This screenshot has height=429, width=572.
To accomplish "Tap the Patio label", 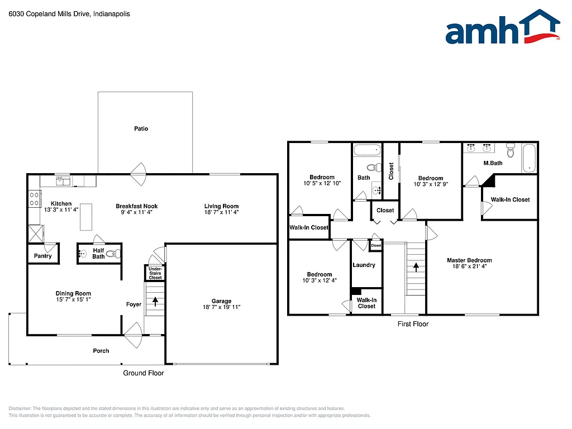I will click(141, 129).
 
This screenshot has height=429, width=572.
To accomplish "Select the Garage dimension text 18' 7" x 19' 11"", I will click(221, 307).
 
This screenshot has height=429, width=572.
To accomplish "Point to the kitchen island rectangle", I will click(86, 216).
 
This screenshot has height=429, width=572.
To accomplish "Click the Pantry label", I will click(42, 256).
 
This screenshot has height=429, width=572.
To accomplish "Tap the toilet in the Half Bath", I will click(113, 254).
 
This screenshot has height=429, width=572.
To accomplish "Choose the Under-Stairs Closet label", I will click(155, 273).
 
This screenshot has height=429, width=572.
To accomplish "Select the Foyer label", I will click(134, 304).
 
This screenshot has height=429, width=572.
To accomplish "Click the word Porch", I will click(101, 351).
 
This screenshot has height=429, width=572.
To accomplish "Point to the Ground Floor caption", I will click(144, 373).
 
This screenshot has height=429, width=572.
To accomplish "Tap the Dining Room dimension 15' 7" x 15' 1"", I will click(73, 299).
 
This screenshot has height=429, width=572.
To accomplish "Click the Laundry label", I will click(364, 265).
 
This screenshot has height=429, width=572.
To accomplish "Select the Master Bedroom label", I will click(469, 260).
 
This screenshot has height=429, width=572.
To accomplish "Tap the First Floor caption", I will click(413, 324).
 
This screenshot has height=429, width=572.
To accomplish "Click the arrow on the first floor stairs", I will click(416, 268).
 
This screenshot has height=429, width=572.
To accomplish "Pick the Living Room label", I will click(221, 206).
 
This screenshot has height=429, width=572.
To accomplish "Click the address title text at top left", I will click(69, 14).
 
